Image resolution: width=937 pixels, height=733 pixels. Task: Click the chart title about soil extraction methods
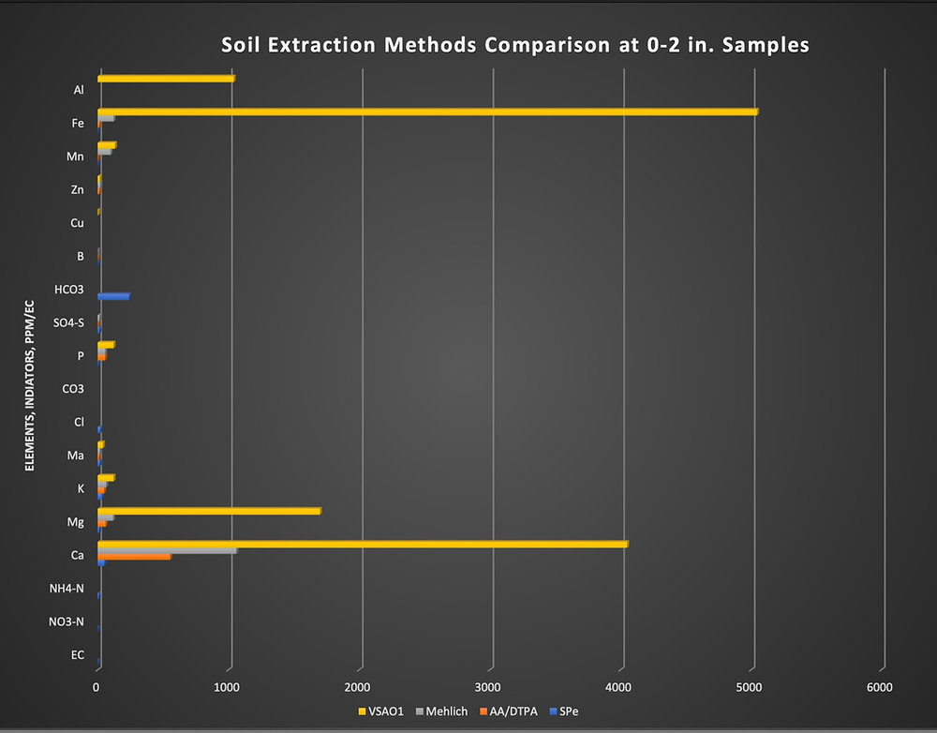point(514,44)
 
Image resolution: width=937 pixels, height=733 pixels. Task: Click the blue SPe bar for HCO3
point(113,296)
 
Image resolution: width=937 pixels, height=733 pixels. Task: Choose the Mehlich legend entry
point(441,711)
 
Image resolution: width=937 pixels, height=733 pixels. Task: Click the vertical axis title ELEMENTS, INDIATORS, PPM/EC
point(30,384)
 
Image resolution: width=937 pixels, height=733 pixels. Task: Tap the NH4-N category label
point(67,589)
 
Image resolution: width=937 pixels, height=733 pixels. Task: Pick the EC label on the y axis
point(78,655)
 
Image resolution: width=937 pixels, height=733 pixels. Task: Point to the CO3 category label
point(73,389)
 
